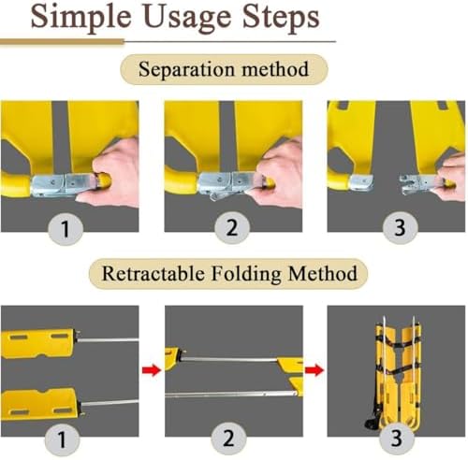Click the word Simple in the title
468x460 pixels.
tap(80, 18)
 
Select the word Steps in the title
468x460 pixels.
tap(281, 18)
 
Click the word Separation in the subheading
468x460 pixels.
tap(186, 70)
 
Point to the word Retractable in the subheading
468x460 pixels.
tap(154, 273)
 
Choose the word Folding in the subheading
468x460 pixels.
tap(246, 274)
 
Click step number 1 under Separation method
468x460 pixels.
tap(66, 229)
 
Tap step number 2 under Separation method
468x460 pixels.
tap(232, 227)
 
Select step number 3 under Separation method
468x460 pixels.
tap(400, 227)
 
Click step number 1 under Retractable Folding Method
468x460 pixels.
tap(62, 439)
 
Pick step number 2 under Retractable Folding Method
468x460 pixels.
tap(228, 438)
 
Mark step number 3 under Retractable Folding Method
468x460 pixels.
tap(396, 438)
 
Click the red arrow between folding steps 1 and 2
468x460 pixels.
tap(152, 370)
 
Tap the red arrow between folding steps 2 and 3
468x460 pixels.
tap(314, 370)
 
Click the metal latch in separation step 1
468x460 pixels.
tap(63, 185)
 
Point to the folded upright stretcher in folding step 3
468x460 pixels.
tap(396, 374)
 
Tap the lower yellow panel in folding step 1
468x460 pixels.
tap(40, 404)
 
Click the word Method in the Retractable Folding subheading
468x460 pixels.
tap(323, 273)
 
